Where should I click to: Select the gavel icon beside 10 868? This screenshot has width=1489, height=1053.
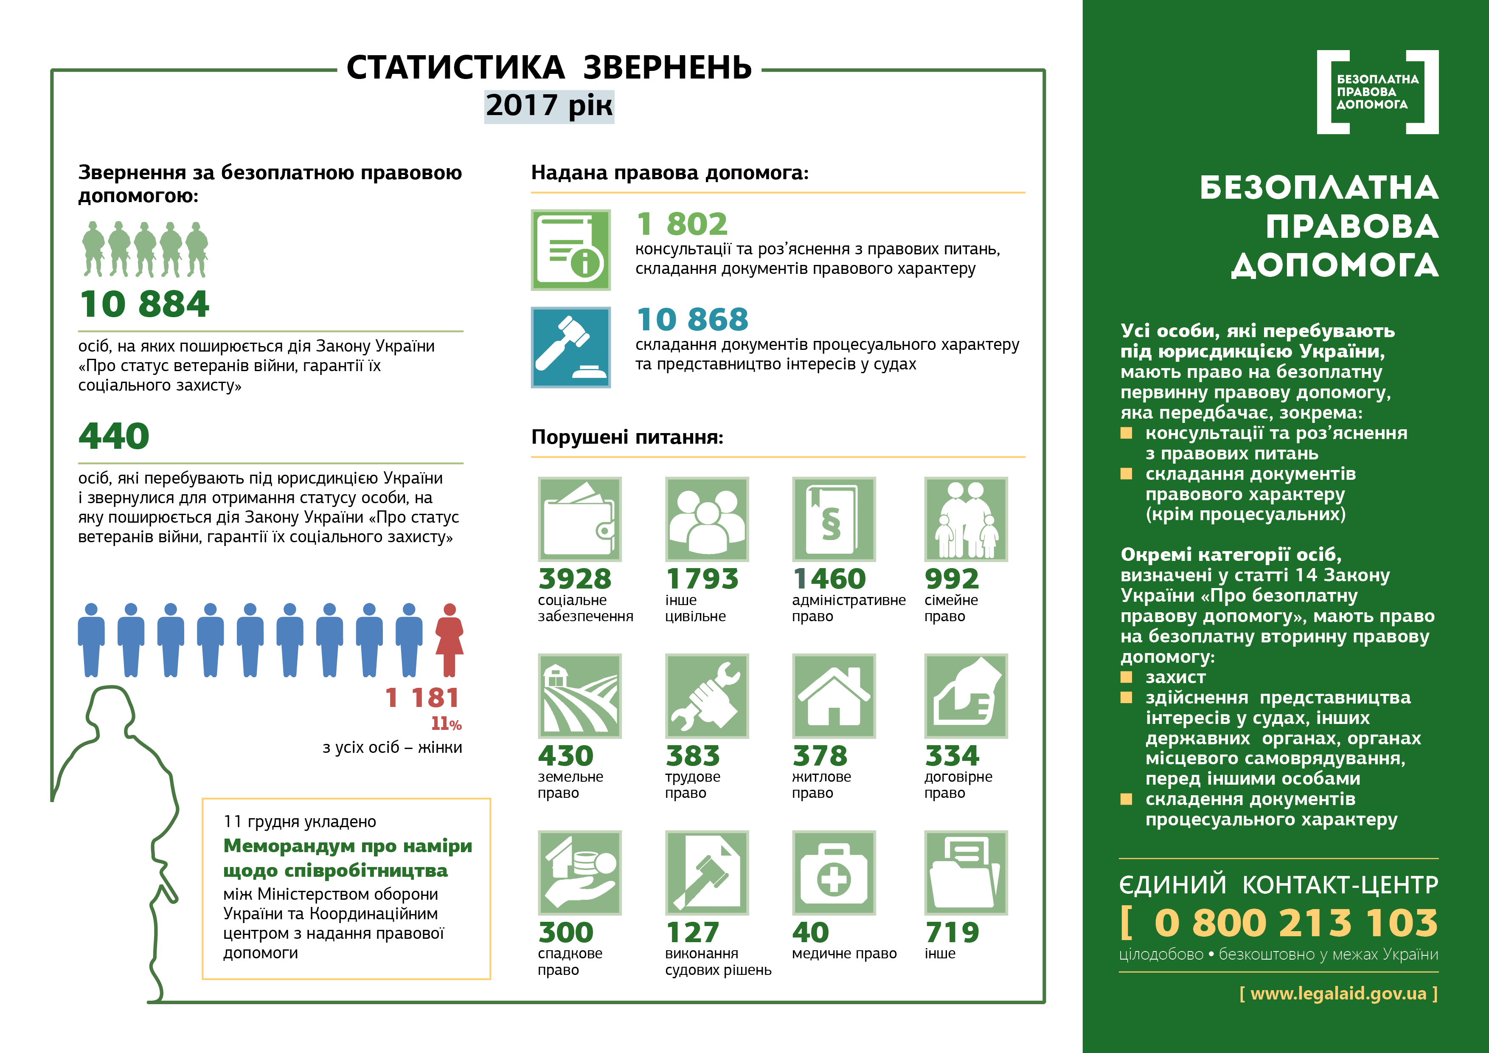coord(571,347)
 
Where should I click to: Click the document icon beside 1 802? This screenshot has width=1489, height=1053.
coord(571,250)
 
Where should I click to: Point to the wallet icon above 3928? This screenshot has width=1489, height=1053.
coord(579,519)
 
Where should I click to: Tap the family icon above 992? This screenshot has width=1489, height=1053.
coord(966,519)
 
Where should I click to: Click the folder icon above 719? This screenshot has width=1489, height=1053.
coord(966,873)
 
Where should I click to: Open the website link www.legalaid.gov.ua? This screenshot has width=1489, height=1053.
coord(1338,993)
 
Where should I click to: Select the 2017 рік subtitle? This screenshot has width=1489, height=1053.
coord(549,106)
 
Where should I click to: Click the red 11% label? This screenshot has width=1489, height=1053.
coord(446,724)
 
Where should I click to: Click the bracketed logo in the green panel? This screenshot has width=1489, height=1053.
coord(1377,92)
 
